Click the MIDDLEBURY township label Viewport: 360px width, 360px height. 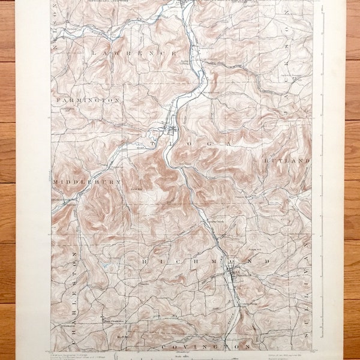tap(87, 181)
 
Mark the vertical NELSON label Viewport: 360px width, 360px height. tap(55, 24)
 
